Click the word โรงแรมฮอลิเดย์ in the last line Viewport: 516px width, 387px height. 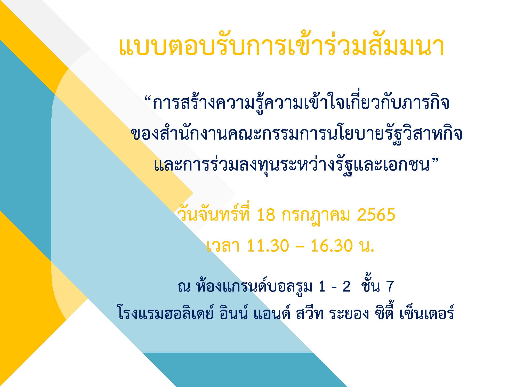point(165,312)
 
